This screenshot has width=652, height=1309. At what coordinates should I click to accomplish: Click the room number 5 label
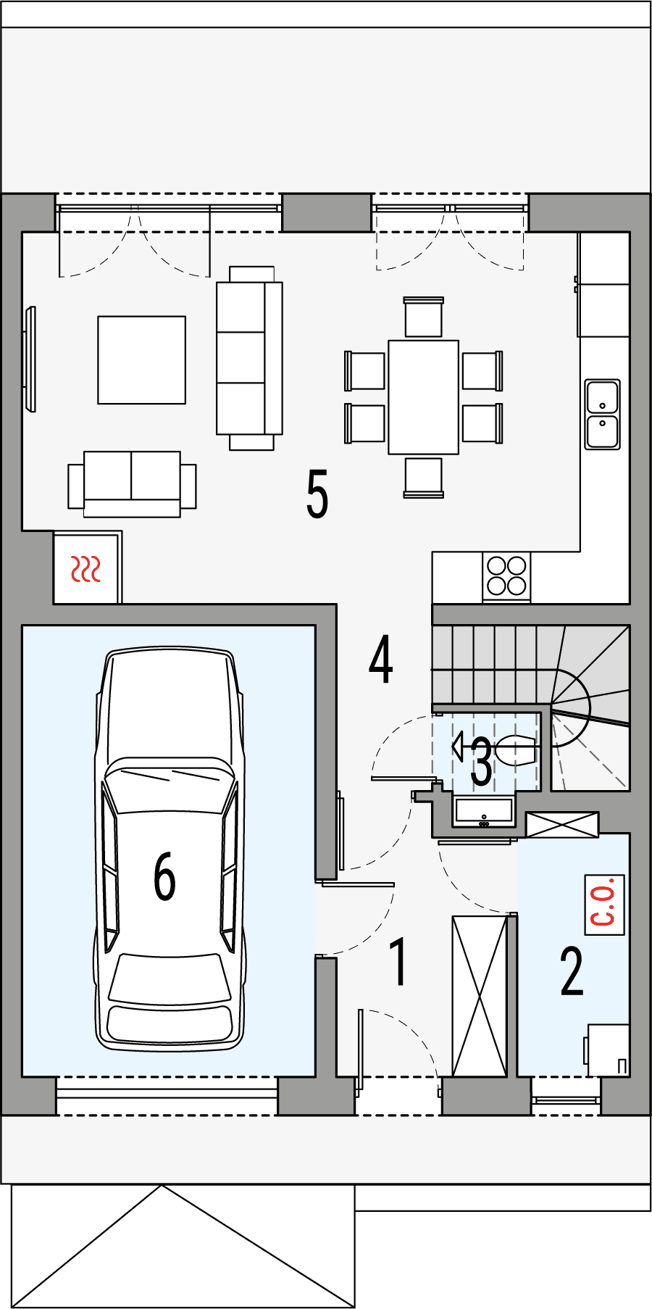(317, 494)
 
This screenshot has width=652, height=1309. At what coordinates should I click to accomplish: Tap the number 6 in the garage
(164, 876)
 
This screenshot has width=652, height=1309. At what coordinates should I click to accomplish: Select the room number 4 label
(381, 659)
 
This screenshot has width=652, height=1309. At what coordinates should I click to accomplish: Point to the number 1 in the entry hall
(398, 962)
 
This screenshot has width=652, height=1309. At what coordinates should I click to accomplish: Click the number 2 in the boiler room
(572, 971)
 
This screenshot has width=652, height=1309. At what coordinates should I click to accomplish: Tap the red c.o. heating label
(604, 905)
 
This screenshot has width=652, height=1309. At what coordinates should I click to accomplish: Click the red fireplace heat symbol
(85, 570)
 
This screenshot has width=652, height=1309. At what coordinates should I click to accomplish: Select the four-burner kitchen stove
(506, 575)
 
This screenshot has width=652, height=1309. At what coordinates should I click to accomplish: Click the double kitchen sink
(602, 415)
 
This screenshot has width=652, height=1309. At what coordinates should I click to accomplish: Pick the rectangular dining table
(423, 397)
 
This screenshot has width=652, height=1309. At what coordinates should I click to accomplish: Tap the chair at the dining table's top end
(423, 317)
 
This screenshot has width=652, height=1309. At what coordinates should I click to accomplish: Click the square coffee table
(142, 360)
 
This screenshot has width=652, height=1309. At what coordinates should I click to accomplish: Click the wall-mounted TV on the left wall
(30, 359)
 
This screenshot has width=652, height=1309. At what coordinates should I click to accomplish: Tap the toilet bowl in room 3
(516, 750)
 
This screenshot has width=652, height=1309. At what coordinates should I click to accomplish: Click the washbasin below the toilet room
(483, 812)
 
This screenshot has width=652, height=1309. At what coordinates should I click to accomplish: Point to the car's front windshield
(169, 786)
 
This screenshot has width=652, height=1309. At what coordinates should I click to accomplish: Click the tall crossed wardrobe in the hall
(480, 996)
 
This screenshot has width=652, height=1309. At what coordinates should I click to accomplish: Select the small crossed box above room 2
(562, 825)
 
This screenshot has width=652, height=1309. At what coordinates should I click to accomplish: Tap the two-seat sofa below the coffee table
(132, 482)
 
